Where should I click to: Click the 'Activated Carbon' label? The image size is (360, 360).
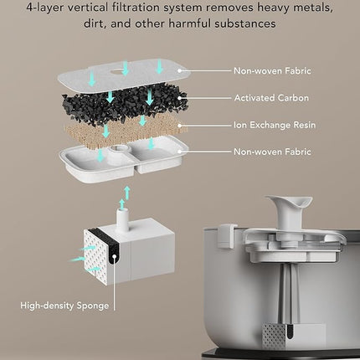point(271,98)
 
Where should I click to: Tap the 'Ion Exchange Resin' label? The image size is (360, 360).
point(275,125)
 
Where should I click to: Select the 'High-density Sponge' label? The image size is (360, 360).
point(64,306)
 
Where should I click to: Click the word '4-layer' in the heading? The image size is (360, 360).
point(46,8)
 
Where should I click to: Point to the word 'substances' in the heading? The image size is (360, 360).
point(245,23)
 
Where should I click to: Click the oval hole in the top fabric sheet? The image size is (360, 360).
point(124,72)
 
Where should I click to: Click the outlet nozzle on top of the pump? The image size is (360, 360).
point(123,220)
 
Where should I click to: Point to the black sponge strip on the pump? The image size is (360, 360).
point(112,254)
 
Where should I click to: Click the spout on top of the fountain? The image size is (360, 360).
point(289,212)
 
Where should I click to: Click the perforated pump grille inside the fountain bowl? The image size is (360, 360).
point(275,337)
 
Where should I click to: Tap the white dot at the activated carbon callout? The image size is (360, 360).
point(180,98)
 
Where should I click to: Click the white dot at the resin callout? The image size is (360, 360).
point(180,126)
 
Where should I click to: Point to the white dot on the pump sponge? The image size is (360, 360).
point(114,255)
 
